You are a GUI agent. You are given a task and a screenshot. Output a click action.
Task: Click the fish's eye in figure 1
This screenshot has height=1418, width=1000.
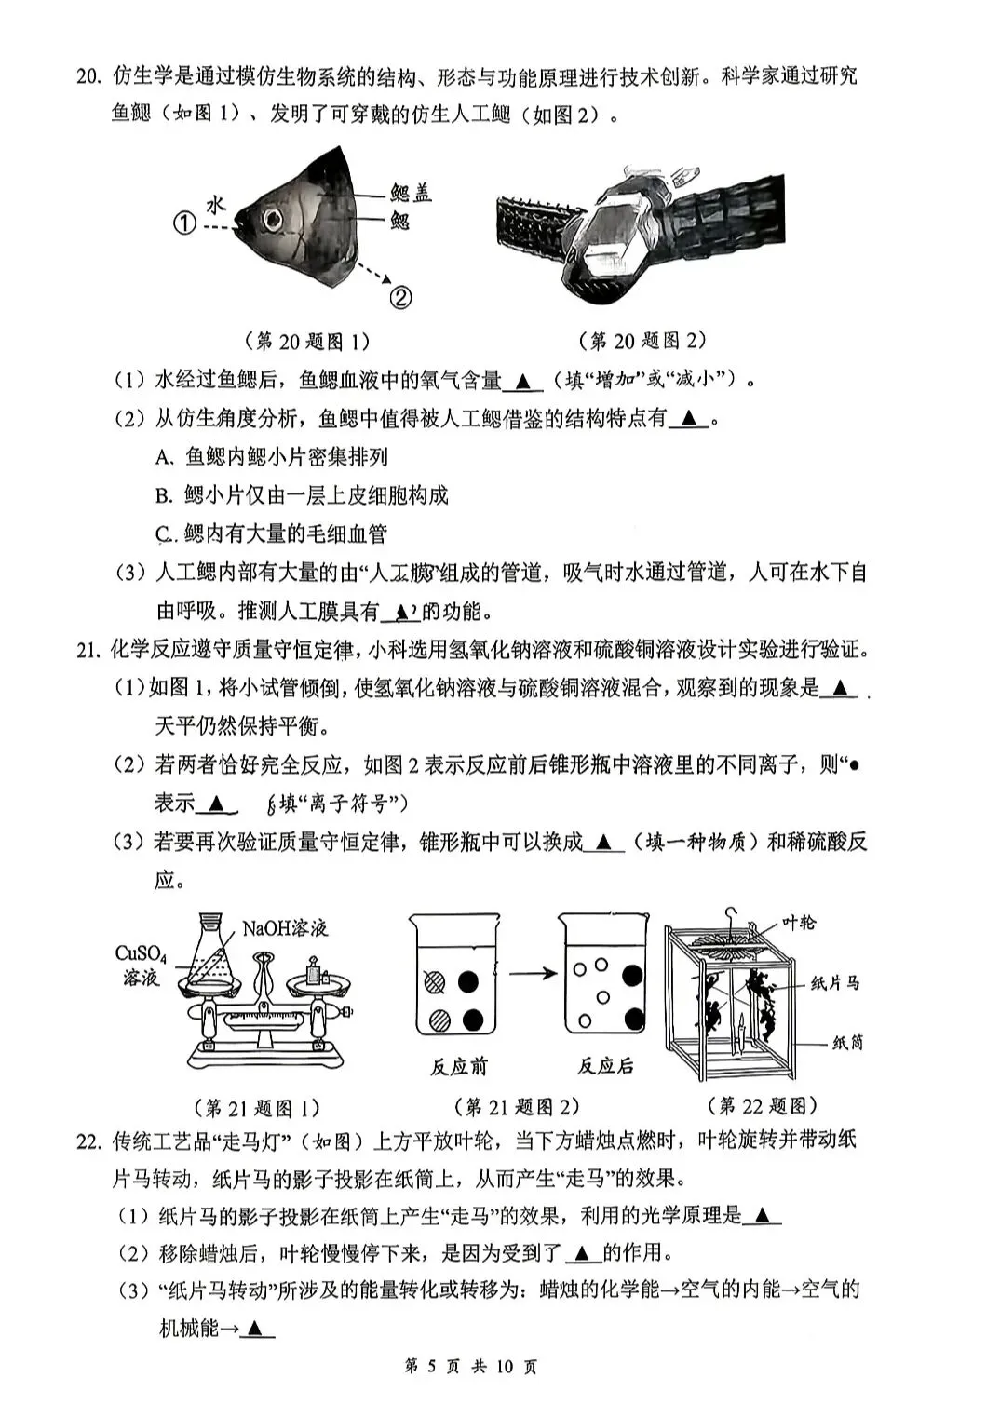[x=273, y=221]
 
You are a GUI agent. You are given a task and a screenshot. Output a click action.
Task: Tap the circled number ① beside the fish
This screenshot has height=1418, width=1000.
[x=184, y=223]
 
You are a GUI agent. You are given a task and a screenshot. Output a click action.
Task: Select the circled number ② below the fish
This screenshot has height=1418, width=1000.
[x=400, y=297]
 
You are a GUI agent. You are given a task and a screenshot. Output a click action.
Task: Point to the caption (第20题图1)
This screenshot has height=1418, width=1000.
[x=306, y=341]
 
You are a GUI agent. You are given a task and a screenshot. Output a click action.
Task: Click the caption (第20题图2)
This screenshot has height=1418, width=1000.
[x=642, y=341]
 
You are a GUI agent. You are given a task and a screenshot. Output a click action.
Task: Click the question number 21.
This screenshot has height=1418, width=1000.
[x=88, y=650]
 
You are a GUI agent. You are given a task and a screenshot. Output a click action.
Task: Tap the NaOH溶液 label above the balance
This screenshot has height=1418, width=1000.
[x=285, y=927]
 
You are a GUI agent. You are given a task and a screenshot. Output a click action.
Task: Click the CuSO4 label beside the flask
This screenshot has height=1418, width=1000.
[x=141, y=953]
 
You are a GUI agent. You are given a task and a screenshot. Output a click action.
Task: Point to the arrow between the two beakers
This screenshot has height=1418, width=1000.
[x=533, y=974]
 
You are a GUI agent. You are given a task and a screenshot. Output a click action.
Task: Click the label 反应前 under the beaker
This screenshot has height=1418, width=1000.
[x=458, y=1066]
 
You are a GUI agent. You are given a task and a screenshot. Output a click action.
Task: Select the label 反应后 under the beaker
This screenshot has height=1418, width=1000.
[x=605, y=1066]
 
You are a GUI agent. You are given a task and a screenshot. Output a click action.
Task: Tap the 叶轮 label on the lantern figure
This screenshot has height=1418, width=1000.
[x=798, y=922]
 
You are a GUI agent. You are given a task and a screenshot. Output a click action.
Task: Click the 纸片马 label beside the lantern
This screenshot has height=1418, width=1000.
[x=834, y=983]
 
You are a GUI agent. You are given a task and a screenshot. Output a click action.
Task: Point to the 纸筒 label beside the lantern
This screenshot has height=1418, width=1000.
[x=847, y=1043]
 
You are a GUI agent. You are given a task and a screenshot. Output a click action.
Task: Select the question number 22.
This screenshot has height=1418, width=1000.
[x=88, y=1141]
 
